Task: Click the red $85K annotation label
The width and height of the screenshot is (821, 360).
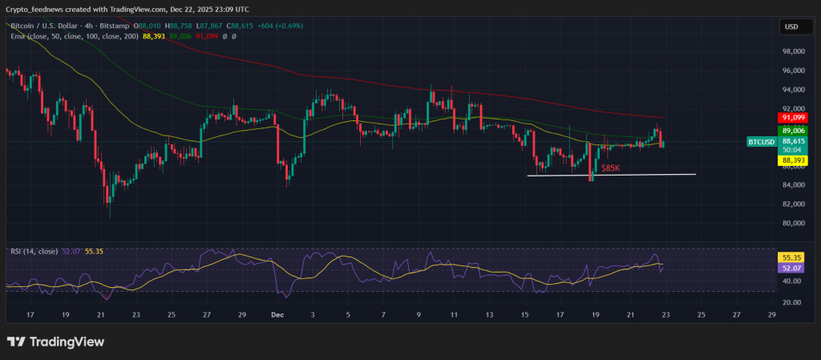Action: [x=611, y=168]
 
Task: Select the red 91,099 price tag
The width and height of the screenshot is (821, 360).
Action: [x=791, y=118]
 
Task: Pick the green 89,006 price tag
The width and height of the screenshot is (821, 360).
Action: [x=791, y=130]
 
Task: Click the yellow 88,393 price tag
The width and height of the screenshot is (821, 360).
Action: [x=791, y=160]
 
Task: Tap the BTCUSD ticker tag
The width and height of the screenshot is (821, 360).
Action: [x=761, y=142]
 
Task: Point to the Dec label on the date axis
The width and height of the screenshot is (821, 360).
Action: [x=277, y=315]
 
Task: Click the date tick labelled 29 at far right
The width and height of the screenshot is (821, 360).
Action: [x=771, y=315]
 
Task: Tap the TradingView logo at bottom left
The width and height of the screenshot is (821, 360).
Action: [x=55, y=342]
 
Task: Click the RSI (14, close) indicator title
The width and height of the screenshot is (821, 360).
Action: [x=34, y=251]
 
